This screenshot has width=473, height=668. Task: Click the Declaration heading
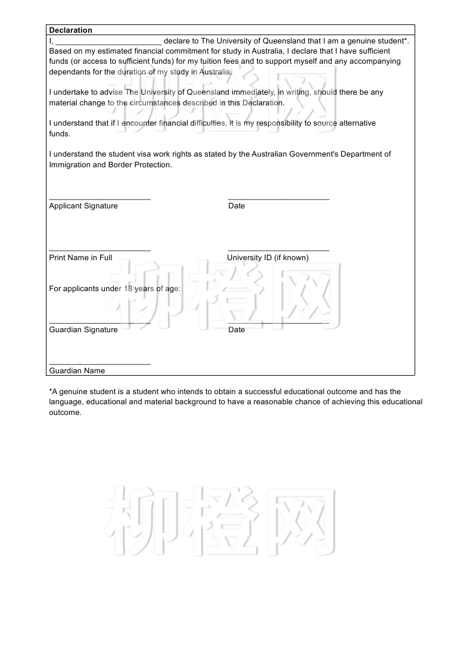70,30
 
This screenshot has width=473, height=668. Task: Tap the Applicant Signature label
83,206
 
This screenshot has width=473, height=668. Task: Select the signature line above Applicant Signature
99,199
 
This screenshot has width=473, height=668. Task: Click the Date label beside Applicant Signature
236,206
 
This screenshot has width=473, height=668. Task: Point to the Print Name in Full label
80,258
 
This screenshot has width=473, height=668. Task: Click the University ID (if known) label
267,258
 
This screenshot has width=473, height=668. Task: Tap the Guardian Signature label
83,330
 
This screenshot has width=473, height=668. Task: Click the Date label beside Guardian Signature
236,330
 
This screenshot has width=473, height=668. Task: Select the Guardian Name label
77,371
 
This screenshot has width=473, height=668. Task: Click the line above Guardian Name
99,364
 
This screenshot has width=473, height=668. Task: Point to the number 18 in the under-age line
128,289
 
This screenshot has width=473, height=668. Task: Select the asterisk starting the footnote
51,391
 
